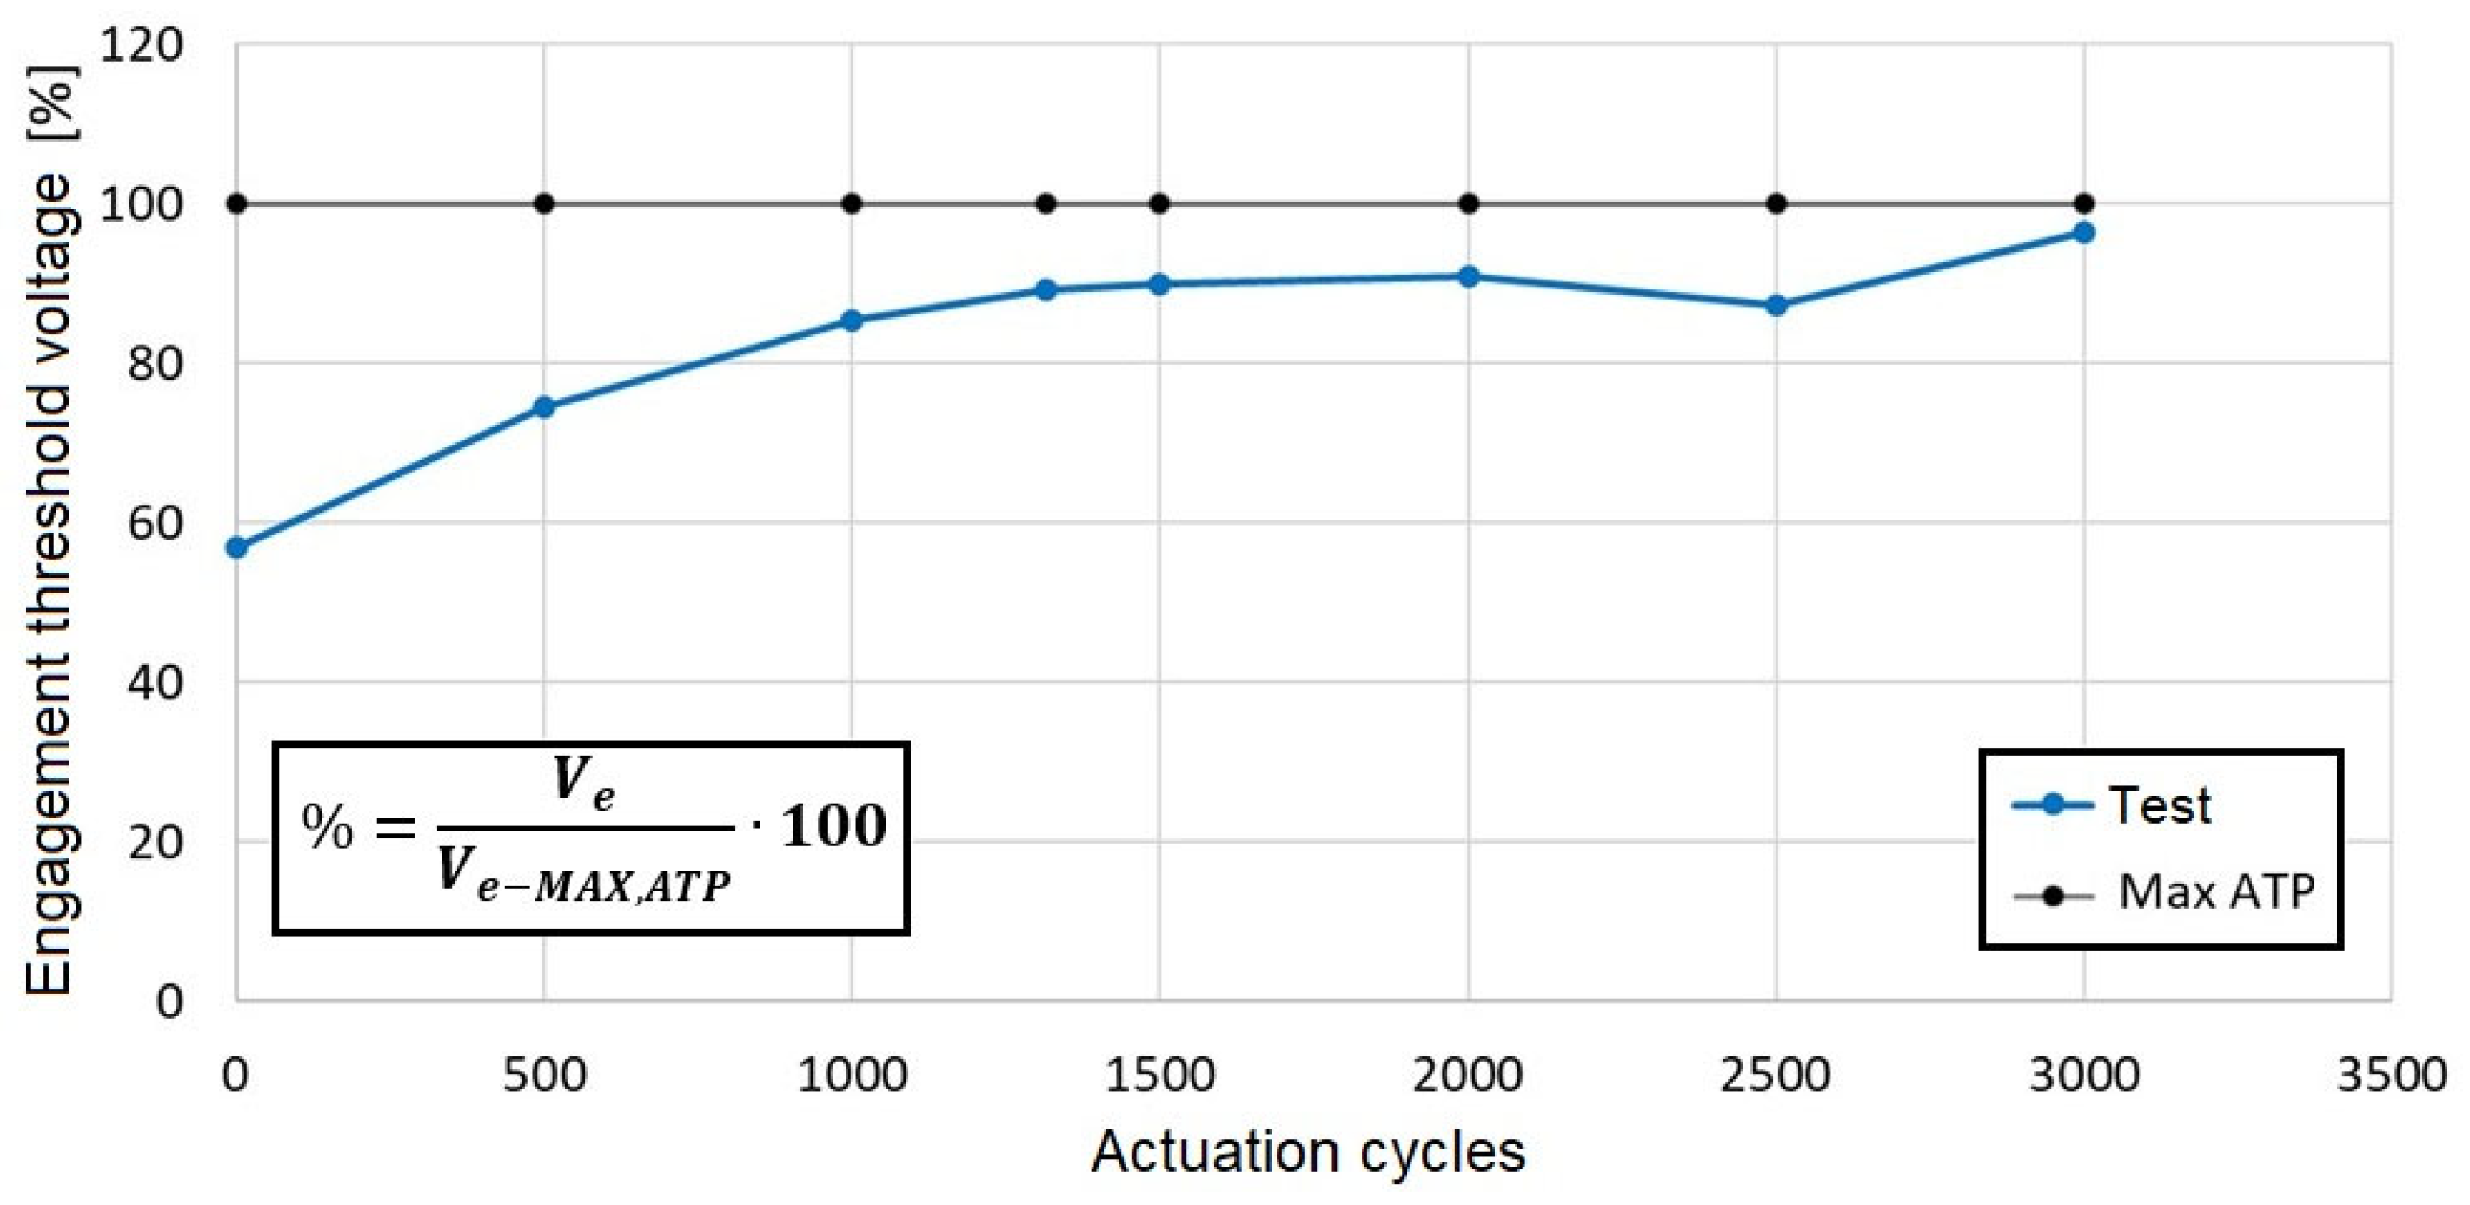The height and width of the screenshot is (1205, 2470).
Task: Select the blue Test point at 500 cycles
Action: tap(544, 407)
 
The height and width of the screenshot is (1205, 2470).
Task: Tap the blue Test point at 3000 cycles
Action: tap(2083, 233)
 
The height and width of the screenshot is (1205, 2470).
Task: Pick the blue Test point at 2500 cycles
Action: tap(1776, 306)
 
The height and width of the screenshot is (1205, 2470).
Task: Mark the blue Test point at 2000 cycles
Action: tap(1468, 277)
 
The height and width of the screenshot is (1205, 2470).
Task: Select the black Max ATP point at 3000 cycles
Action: tap(2083, 203)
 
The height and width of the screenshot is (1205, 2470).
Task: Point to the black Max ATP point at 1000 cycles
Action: tap(852, 203)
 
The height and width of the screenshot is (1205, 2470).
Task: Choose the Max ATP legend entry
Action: tap(2216, 891)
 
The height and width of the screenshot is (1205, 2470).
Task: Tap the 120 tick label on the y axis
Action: tap(141, 44)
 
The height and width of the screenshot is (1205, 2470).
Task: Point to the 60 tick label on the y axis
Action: tap(154, 522)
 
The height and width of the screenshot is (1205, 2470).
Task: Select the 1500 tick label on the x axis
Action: tap(1160, 1075)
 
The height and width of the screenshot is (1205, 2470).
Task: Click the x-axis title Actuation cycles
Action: tap(1308, 1151)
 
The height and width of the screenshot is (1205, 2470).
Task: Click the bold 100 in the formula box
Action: tap(833, 826)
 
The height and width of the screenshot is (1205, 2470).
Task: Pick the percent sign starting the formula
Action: tap(327, 827)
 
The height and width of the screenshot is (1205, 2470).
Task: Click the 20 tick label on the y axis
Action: tap(154, 842)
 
